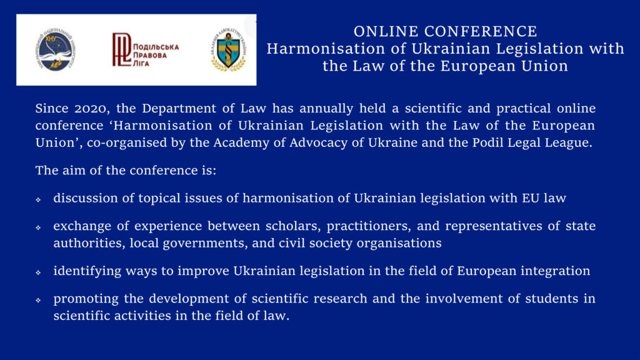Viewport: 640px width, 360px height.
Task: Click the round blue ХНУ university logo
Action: pyautogui.click(x=55, y=49)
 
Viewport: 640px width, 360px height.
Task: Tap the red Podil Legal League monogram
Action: pyautogui.click(x=121, y=49)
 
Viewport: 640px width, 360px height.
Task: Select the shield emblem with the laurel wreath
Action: pyautogui.click(x=229, y=50)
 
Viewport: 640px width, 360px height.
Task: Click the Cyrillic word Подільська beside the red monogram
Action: pyautogui.click(x=156, y=47)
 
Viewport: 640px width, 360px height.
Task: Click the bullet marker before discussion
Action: pyautogui.click(x=38, y=199)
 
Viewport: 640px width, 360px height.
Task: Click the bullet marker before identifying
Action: pyautogui.click(x=38, y=272)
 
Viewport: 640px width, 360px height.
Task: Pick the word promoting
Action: pyautogui.click(x=86, y=299)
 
